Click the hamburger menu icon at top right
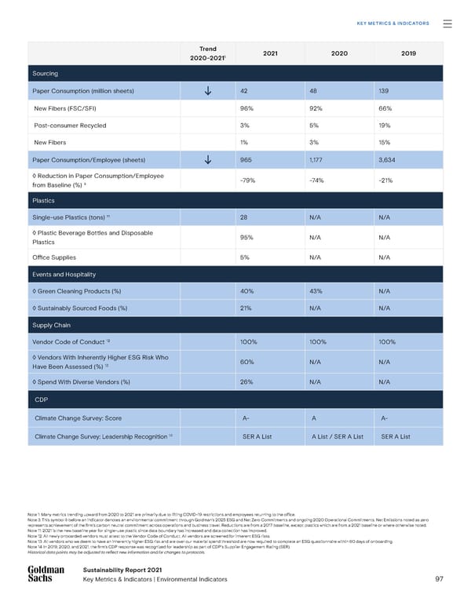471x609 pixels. (x=447, y=24)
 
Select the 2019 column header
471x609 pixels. (x=408, y=53)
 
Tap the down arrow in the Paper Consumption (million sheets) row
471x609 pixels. (x=207, y=91)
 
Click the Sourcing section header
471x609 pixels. (x=45, y=73)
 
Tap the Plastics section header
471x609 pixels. (x=43, y=200)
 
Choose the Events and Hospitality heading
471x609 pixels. (x=64, y=275)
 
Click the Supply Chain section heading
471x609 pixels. (x=52, y=325)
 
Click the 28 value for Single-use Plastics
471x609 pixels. (x=244, y=217)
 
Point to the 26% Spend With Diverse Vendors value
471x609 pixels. (x=246, y=381)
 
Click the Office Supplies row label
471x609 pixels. (x=55, y=257)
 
